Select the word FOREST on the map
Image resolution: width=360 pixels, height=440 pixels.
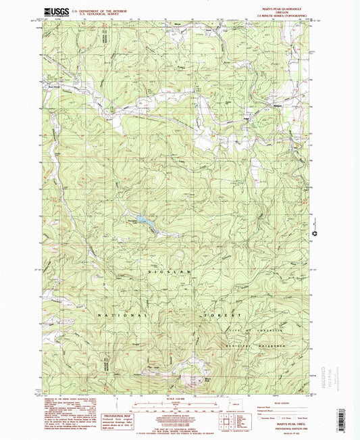[221, 316]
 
